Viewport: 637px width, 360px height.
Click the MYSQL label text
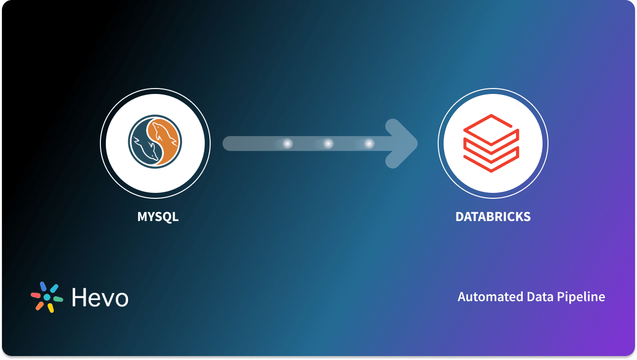click(x=158, y=217)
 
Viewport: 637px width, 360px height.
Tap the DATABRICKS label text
click(x=493, y=217)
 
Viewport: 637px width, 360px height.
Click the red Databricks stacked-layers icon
click(x=491, y=143)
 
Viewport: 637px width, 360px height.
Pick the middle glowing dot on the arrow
click(x=328, y=143)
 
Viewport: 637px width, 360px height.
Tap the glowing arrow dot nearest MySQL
click(x=287, y=143)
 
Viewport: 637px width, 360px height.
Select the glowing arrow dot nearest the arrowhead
click(x=369, y=143)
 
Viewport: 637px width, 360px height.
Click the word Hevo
click(x=100, y=298)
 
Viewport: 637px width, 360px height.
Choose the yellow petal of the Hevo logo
click(x=50, y=308)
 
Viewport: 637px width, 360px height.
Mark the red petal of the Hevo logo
click(x=36, y=295)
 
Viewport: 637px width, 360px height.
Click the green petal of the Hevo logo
click(x=58, y=299)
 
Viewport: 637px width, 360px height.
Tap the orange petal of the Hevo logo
click(x=40, y=306)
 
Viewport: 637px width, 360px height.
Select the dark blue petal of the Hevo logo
click(x=44, y=286)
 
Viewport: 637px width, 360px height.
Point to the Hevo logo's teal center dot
click(x=47, y=297)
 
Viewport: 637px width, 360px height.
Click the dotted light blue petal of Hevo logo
click(x=54, y=288)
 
